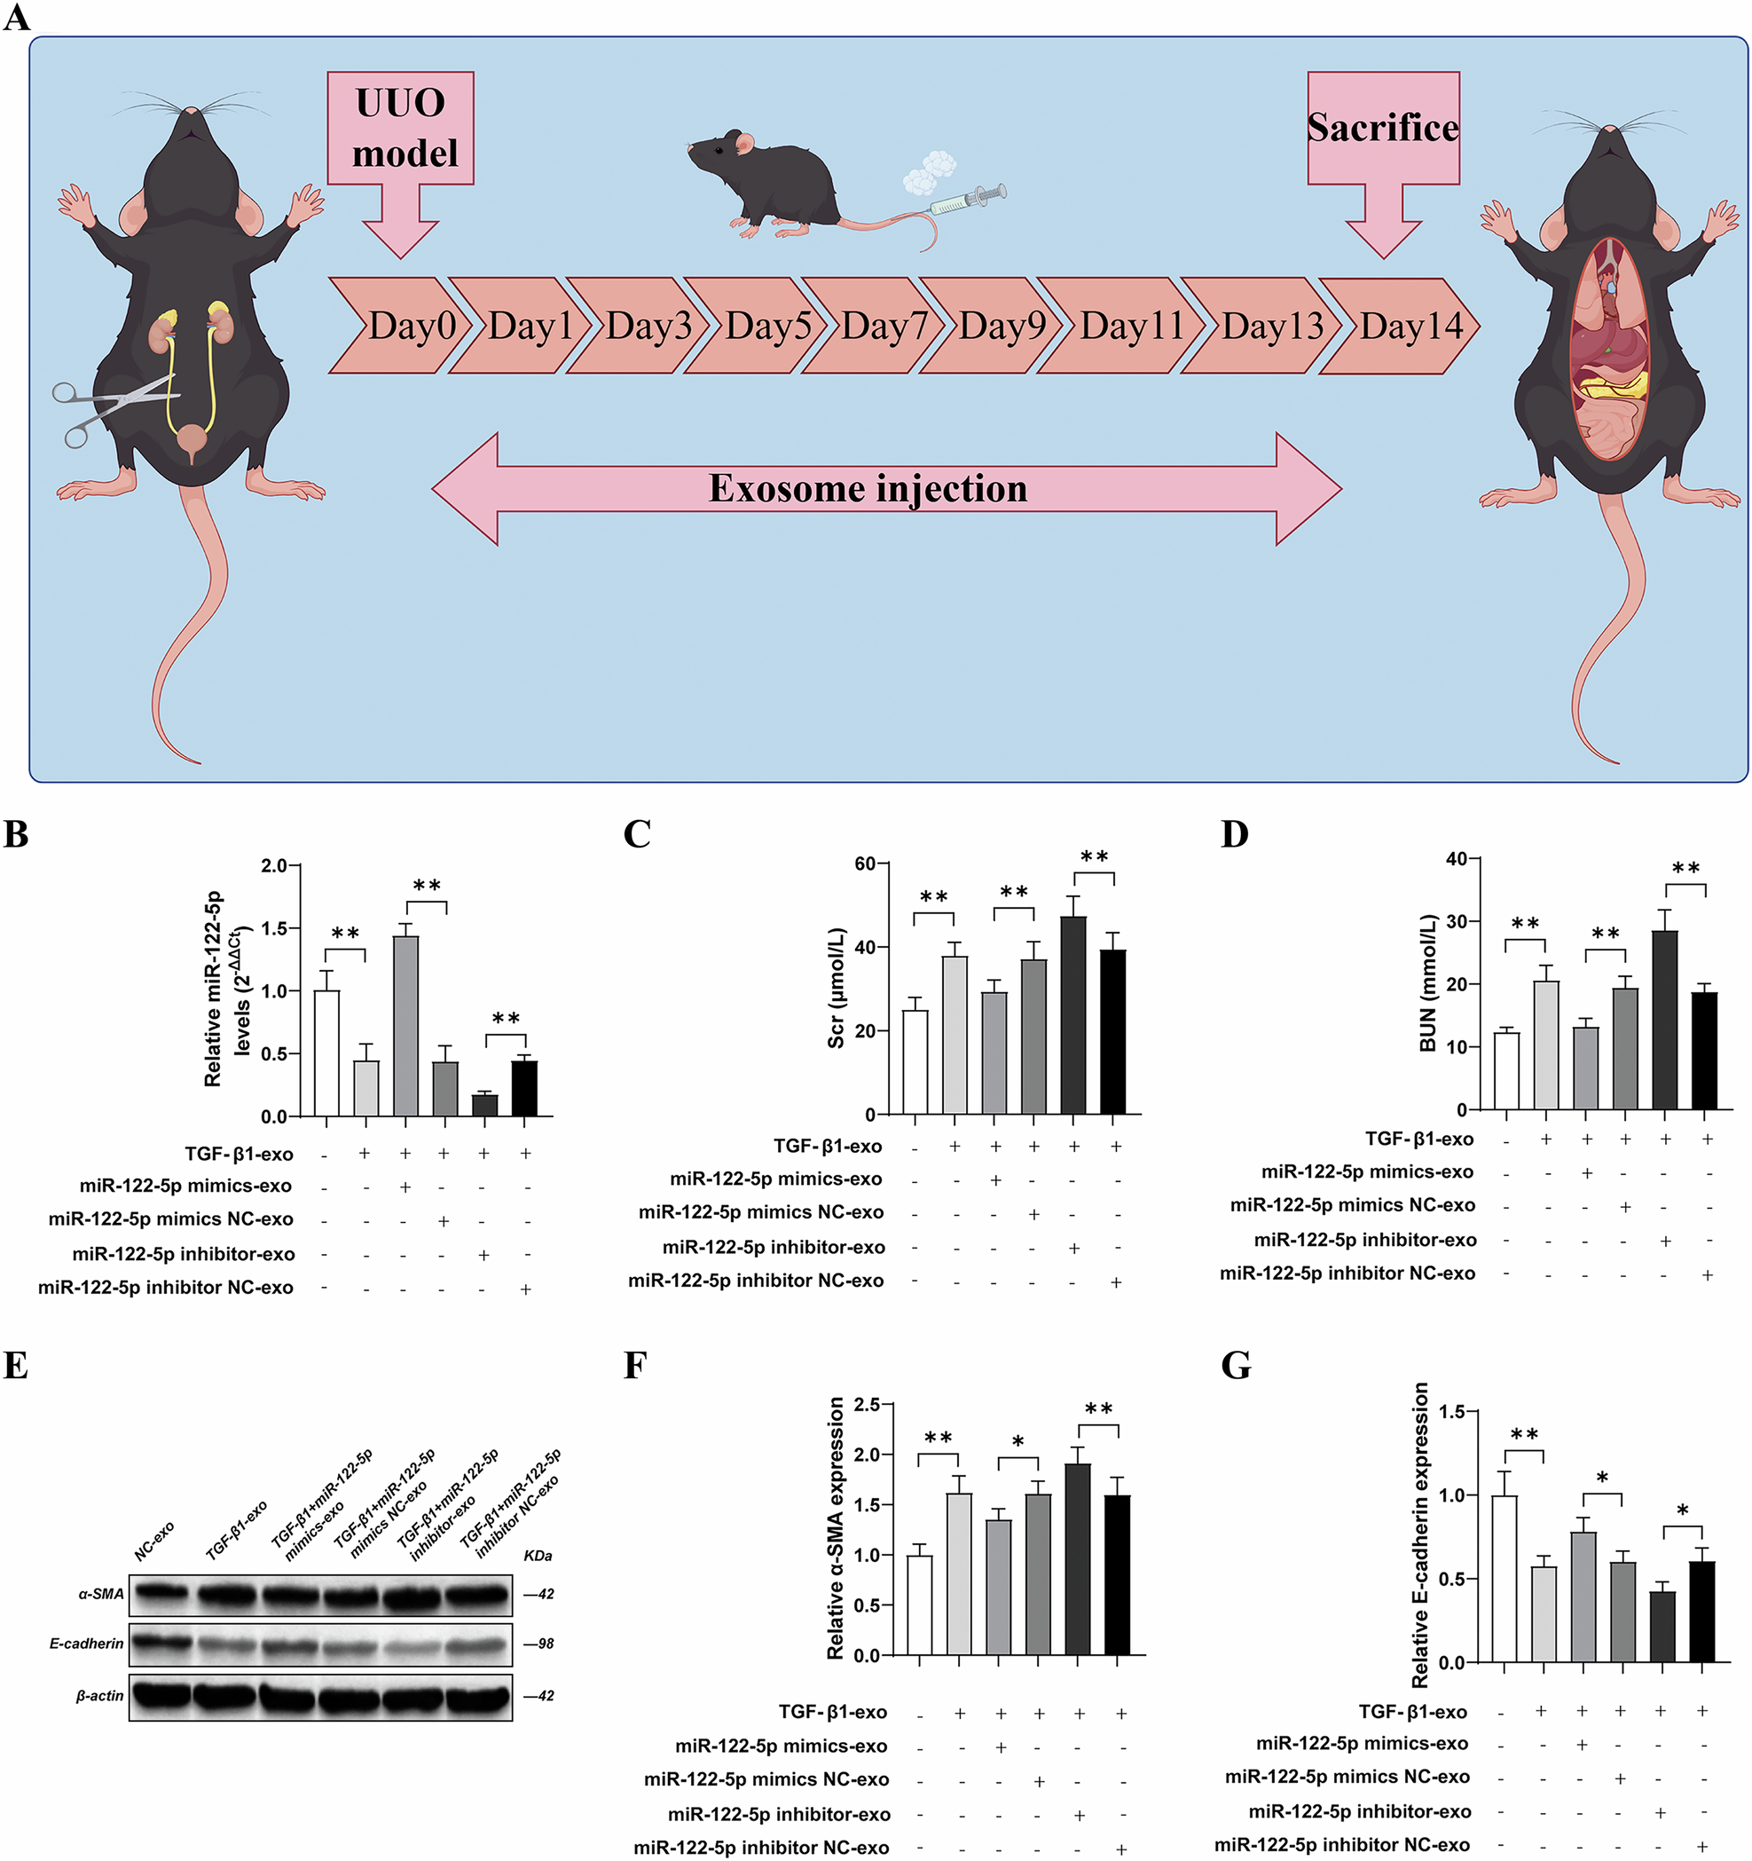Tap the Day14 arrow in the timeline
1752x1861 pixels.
(1404, 326)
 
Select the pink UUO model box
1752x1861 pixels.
(401, 129)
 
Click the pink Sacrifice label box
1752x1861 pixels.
(1382, 129)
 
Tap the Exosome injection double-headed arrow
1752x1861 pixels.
(886, 489)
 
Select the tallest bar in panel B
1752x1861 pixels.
(405, 1025)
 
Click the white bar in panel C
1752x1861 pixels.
(915, 1061)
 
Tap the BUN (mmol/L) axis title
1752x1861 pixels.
(1428, 983)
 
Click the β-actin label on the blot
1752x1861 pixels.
(99, 1695)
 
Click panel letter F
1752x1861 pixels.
(635, 1366)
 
